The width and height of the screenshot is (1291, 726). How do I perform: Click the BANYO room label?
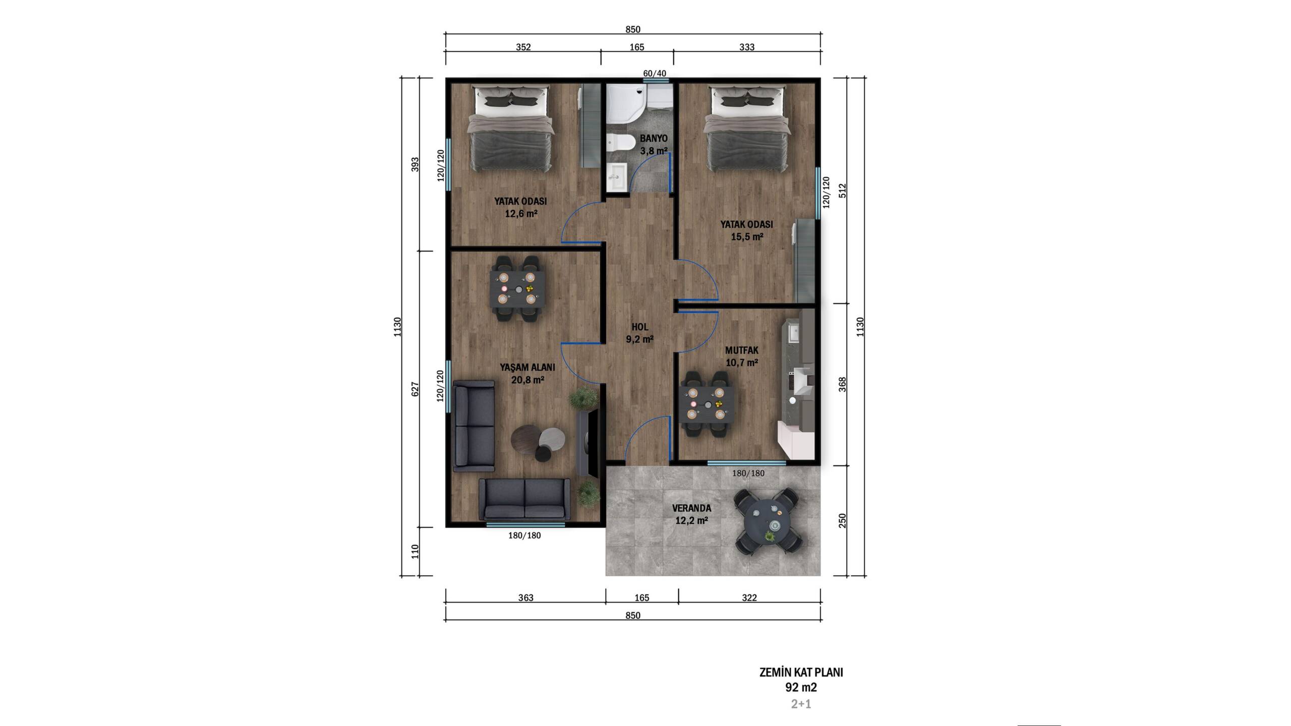(x=654, y=138)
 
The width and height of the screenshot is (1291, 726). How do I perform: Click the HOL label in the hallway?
(x=640, y=327)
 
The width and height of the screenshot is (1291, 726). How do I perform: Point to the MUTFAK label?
(x=742, y=350)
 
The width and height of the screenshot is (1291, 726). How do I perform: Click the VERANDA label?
(x=691, y=508)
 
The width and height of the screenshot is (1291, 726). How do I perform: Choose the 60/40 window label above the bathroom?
(x=655, y=74)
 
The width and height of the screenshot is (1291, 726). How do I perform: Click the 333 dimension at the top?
(x=747, y=47)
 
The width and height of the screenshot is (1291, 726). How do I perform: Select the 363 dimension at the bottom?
(x=525, y=598)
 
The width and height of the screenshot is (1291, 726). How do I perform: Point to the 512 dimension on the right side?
(x=842, y=191)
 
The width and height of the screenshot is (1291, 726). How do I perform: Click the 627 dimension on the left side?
(x=416, y=389)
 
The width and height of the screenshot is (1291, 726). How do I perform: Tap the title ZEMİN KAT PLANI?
(x=801, y=673)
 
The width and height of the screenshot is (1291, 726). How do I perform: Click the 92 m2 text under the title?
(x=801, y=687)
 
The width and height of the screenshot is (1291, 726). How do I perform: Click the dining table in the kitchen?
(x=708, y=404)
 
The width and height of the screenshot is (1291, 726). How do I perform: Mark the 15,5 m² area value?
(x=747, y=237)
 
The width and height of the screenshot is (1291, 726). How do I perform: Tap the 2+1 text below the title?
(x=801, y=704)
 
